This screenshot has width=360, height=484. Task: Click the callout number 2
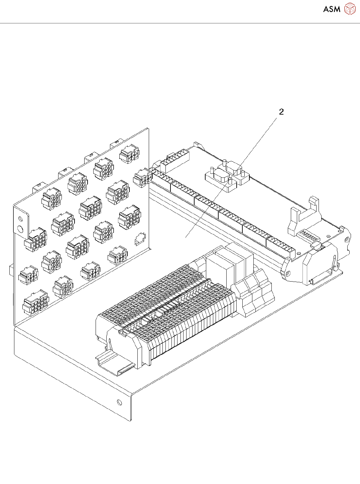tap(281, 112)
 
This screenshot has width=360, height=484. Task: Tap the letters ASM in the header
tap(332, 9)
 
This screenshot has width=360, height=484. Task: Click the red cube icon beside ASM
tap(350, 9)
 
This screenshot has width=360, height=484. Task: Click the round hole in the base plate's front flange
tap(120, 402)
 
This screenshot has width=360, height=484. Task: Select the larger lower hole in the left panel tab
tap(20, 229)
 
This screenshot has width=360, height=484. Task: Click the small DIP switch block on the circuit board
tap(309, 236)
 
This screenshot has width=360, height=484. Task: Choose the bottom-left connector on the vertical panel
tap(35, 303)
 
